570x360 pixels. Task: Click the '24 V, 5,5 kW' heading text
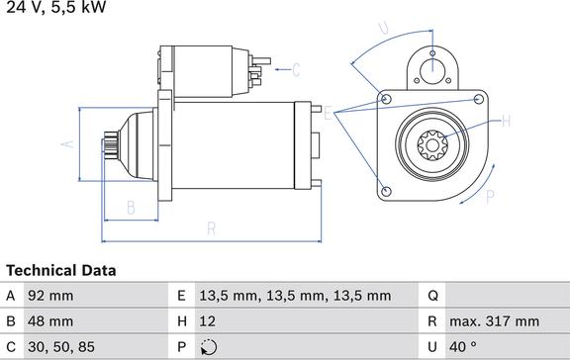56,7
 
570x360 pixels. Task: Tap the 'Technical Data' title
61,271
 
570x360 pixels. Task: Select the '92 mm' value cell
50,296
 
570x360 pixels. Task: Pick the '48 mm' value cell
50,321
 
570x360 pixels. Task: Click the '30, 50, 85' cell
61,347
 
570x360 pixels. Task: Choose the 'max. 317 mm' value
495,321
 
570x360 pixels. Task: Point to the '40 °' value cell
463,347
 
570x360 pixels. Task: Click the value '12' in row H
207,321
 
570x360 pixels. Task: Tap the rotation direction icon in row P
209,347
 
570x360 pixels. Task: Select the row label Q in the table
432,296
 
